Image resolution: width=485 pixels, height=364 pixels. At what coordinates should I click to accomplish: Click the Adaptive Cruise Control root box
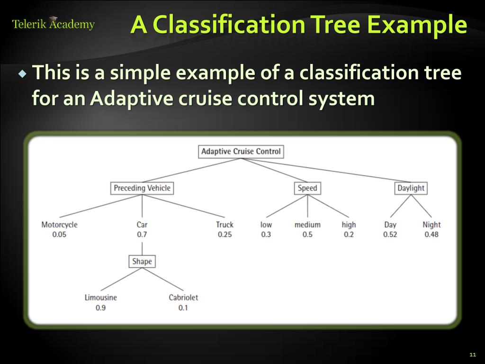(x=241, y=152)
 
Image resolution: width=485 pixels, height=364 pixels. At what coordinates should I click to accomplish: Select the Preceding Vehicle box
(x=142, y=188)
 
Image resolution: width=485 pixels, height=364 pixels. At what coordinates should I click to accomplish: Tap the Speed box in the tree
(x=307, y=188)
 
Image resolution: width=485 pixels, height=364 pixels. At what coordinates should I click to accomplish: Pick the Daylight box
(x=411, y=188)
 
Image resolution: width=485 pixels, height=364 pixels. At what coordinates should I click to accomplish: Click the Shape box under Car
(x=142, y=261)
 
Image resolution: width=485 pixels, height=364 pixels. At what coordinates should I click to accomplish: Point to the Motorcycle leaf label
(x=59, y=225)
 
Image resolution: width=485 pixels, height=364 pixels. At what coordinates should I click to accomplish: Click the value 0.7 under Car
(x=142, y=235)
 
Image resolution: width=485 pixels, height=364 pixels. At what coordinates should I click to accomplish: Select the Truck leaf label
(x=225, y=225)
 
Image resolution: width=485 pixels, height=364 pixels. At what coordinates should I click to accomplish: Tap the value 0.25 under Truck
(x=225, y=235)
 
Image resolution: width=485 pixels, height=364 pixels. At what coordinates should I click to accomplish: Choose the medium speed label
(x=307, y=225)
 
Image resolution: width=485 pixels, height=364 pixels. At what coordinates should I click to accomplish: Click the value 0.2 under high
(x=349, y=235)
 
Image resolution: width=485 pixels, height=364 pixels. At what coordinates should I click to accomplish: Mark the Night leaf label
(x=431, y=225)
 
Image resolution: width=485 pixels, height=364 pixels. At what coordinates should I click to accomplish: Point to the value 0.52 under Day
(x=390, y=235)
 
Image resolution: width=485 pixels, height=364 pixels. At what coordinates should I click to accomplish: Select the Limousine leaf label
(x=101, y=298)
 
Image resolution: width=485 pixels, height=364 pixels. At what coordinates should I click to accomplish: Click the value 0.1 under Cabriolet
(x=183, y=308)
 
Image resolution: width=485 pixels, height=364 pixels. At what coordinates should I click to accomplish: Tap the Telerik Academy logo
(x=53, y=24)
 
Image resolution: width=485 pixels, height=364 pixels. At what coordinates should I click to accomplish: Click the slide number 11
(x=472, y=355)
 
